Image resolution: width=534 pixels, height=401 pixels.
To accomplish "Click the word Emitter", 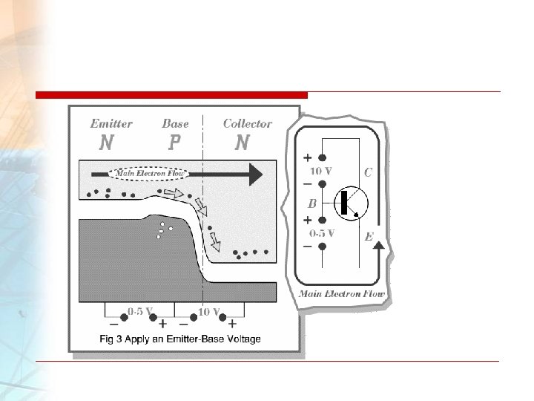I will pyautogui.click(x=111, y=124).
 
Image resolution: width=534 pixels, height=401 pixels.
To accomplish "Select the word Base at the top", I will pyautogui.click(x=175, y=124).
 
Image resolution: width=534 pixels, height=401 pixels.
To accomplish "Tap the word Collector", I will pyautogui.click(x=247, y=124).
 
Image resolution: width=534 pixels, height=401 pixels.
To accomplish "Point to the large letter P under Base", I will pyautogui.click(x=175, y=142).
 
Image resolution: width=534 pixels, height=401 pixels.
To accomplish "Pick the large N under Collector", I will pyautogui.click(x=242, y=142).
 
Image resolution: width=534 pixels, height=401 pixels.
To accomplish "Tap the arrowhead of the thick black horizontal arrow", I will pyautogui.click(x=254, y=174).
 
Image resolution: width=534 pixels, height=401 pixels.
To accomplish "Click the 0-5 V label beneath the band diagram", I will pyautogui.click(x=140, y=311).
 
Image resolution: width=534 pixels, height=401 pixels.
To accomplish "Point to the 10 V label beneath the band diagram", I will pyautogui.click(x=210, y=311).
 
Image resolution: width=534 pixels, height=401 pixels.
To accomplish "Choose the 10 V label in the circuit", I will pyautogui.click(x=320, y=171).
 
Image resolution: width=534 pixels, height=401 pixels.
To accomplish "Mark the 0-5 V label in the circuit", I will pyautogui.click(x=322, y=232).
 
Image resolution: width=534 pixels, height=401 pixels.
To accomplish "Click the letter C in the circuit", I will pyautogui.click(x=367, y=172).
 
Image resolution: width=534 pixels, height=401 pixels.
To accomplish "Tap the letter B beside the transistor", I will pyautogui.click(x=313, y=202).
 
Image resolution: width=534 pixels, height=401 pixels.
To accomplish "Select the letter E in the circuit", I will pyautogui.click(x=369, y=238).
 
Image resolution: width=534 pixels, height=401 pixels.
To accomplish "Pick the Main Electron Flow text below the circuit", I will pyautogui.click(x=342, y=294).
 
